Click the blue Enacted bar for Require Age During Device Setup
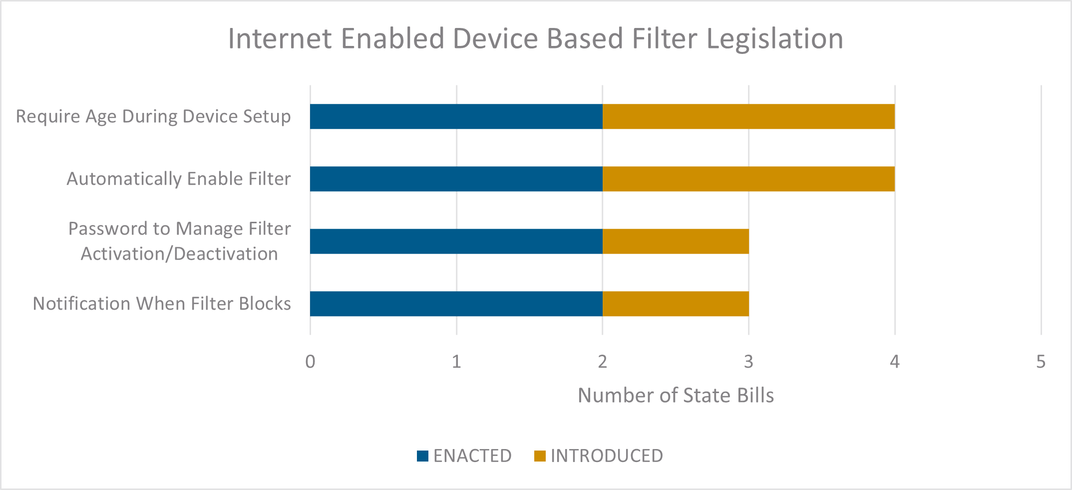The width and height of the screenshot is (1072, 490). pyautogui.click(x=456, y=116)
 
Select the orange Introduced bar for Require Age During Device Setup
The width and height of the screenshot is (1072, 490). pyautogui.click(x=748, y=116)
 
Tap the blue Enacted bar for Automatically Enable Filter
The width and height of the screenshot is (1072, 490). pyautogui.click(x=456, y=179)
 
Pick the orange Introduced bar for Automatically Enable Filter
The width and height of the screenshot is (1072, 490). pyautogui.click(x=748, y=179)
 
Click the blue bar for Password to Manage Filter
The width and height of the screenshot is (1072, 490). pyautogui.click(x=456, y=241)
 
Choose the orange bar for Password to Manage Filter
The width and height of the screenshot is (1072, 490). pyautogui.click(x=676, y=241)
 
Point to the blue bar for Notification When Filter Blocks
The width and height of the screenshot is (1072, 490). pyautogui.click(x=456, y=304)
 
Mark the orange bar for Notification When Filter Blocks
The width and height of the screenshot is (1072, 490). pyautogui.click(x=676, y=304)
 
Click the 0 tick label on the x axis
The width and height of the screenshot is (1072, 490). pyautogui.click(x=310, y=362)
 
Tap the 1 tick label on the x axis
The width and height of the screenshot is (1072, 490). pyautogui.click(x=456, y=362)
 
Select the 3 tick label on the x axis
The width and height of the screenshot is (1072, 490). pyautogui.click(x=748, y=362)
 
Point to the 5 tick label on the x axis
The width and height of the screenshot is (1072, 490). pyautogui.click(x=1041, y=362)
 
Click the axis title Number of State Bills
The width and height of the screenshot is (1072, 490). pyautogui.click(x=676, y=396)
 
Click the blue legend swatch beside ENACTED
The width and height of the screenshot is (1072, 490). pyautogui.click(x=422, y=456)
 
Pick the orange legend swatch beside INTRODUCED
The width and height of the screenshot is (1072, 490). pyautogui.click(x=540, y=456)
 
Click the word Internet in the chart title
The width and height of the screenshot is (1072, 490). pyautogui.click(x=280, y=39)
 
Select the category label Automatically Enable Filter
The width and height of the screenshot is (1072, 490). pyautogui.click(x=179, y=179)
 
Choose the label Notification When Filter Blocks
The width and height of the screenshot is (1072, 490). pyautogui.click(x=162, y=304)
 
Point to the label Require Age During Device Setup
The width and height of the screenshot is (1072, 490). pyautogui.click(x=153, y=116)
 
